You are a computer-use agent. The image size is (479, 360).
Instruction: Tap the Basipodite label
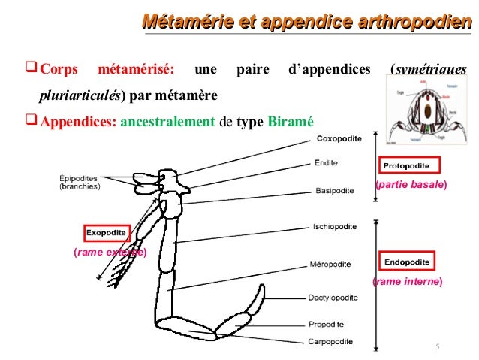[335, 190]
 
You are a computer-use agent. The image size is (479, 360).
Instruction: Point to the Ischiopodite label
[335, 225]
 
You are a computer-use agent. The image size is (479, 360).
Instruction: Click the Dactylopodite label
[338, 298]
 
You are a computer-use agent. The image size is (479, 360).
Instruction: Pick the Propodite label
[327, 324]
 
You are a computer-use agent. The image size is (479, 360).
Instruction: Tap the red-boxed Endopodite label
[406, 262]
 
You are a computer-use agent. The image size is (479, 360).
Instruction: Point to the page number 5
[437, 346]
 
